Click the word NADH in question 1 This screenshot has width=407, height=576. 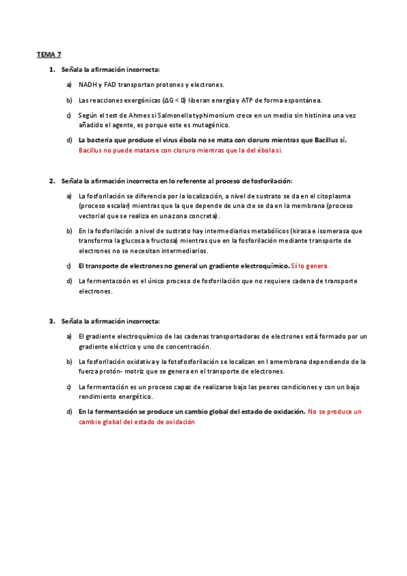pyautogui.click(x=87, y=85)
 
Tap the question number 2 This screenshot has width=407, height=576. pyautogui.click(x=52, y=181)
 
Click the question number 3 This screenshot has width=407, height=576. pyautogui.click(x=52, y=321)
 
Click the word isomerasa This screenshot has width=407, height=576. pyautogui.click(x=335, y=231)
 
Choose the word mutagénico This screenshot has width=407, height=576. pyautogui.click(x=211, y=125)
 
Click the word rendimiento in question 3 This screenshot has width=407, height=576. pyautogui.click(x=96, y=396)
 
